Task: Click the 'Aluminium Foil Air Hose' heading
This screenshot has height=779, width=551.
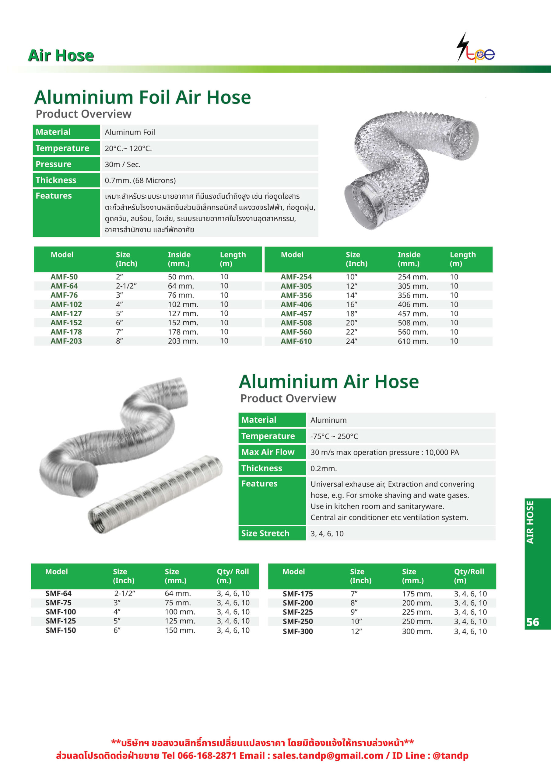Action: (142, 97)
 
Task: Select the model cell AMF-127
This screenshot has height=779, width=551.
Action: (66, 313)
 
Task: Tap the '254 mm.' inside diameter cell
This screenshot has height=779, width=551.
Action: (413, 277)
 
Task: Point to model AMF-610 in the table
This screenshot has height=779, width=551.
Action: (296, 341)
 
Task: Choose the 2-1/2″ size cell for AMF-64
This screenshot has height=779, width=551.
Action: (126, 286)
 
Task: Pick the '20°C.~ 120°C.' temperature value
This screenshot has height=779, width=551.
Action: (128, 148)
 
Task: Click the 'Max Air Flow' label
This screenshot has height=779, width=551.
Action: (268, 452)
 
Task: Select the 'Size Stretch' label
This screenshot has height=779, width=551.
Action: (265, 533)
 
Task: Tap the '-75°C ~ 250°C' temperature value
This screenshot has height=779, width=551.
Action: (334, 436)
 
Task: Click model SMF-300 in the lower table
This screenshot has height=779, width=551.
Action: (298, 631)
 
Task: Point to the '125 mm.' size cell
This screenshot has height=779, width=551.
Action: (180, 621)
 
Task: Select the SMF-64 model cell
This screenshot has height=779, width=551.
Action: (58, 593)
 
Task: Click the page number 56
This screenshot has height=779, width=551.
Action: (532, 622)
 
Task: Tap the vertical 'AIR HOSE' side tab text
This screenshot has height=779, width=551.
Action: (530, 522)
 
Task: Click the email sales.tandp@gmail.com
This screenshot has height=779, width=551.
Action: (327, 756)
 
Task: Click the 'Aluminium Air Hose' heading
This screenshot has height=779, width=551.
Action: (329, 382)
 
